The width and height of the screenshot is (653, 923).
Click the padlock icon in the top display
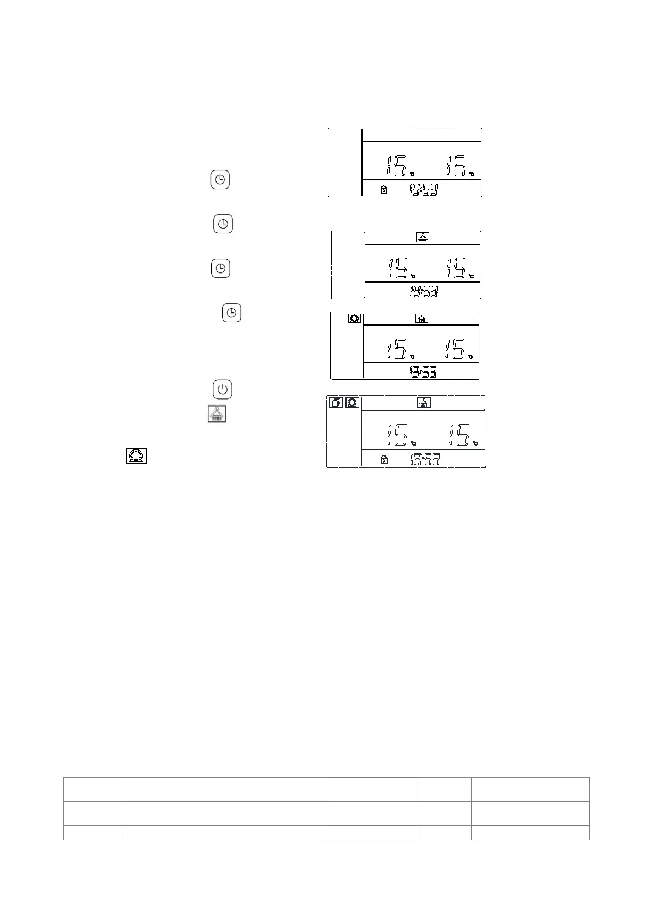[x=384, y=190]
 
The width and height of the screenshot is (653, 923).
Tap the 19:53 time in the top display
[x=423, y=190]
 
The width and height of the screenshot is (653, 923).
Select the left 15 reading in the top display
[x=395, y=166]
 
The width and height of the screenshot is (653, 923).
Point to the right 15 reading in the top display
[x=456, y=166]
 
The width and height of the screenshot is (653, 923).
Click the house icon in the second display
[x=422, y=237]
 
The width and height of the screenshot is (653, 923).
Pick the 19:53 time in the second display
[x=424, y=292]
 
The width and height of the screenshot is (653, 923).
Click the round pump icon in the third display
[x=354, y=318]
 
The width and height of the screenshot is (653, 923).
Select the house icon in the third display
[x=422, y=318]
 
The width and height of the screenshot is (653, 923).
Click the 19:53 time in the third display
[x=423, y=372]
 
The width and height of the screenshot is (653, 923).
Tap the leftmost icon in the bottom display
[x=336, y=402]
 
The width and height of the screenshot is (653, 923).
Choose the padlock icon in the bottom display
[x=384, y=460]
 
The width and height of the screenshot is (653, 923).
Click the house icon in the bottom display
[x=424, y=402]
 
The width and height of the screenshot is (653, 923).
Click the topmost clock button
[x=220, y=180]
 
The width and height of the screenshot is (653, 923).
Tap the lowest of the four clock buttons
[x=232, y=313]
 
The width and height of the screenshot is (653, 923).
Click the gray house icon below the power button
[x=217, y=414]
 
